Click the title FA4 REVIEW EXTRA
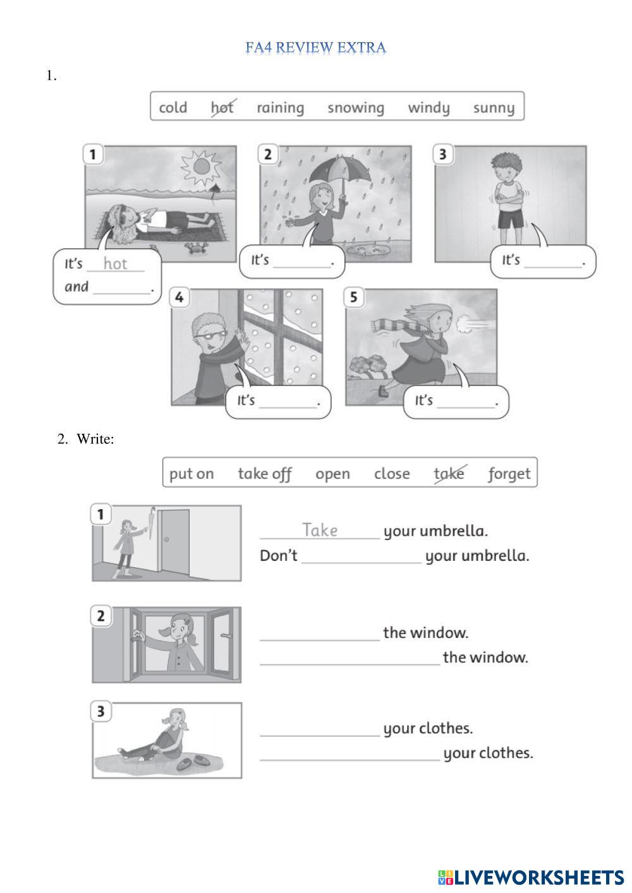point(315,47)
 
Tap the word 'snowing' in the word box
point(356,107)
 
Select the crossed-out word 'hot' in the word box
point(222,107)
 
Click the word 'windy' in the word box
point(428,107)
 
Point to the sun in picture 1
point(202,167)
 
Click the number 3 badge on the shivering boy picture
point(443,154)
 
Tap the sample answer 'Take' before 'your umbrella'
point(320,530)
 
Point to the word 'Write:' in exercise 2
point(95,439)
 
